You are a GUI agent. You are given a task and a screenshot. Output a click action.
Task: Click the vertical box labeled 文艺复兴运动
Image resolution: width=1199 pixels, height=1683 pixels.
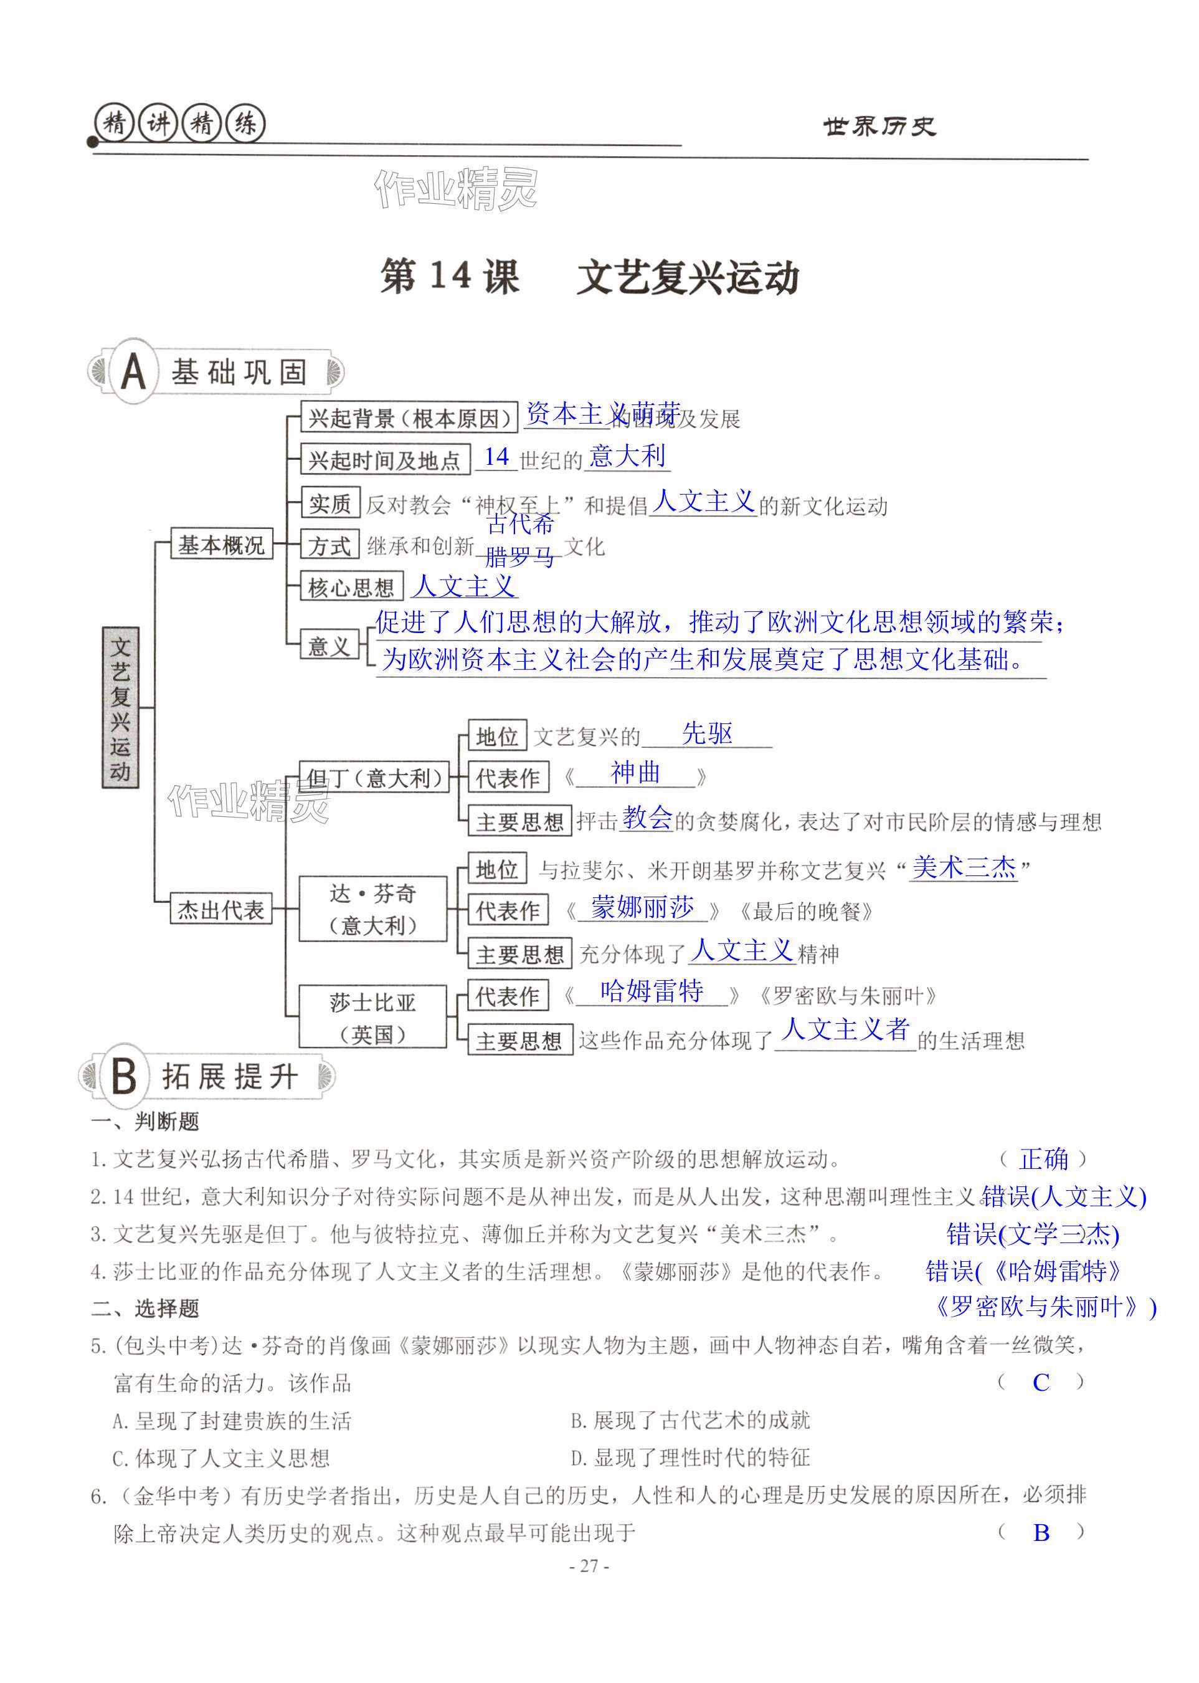click(120, 707)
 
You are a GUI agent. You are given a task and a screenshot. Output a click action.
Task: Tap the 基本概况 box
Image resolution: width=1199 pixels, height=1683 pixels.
click(220, 544)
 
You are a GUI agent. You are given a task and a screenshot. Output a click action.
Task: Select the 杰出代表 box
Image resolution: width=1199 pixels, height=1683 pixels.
click(220, 909)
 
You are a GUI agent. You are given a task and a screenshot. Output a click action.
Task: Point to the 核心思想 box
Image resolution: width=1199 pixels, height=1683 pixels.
click(351, 587)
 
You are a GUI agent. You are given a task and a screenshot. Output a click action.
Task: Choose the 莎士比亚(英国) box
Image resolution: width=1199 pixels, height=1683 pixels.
click(373, 1017)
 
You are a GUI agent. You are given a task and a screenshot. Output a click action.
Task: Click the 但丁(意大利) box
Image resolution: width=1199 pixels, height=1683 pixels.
click(374, 777)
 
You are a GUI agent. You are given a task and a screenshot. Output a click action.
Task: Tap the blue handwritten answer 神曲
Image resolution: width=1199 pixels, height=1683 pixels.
click(635, 773)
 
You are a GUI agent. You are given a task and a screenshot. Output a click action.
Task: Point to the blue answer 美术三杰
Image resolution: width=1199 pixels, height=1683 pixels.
click(964, 867)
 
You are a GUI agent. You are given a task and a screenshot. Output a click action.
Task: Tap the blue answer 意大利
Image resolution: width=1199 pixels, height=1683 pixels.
click(628, 455)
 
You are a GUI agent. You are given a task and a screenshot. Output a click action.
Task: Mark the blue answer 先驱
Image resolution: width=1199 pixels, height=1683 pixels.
click(706, 733)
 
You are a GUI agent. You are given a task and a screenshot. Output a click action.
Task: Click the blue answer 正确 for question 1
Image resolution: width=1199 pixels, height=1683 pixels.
click(1043, 1159)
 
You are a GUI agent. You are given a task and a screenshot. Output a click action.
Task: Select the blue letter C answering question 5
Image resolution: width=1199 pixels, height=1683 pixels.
click(1041, 1383)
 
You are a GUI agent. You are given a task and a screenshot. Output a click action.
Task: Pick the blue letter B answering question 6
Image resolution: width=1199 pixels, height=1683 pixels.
click(1041, 1532)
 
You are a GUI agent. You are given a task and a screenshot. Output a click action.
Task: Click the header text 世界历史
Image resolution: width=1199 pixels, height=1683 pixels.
click(879, 127)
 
